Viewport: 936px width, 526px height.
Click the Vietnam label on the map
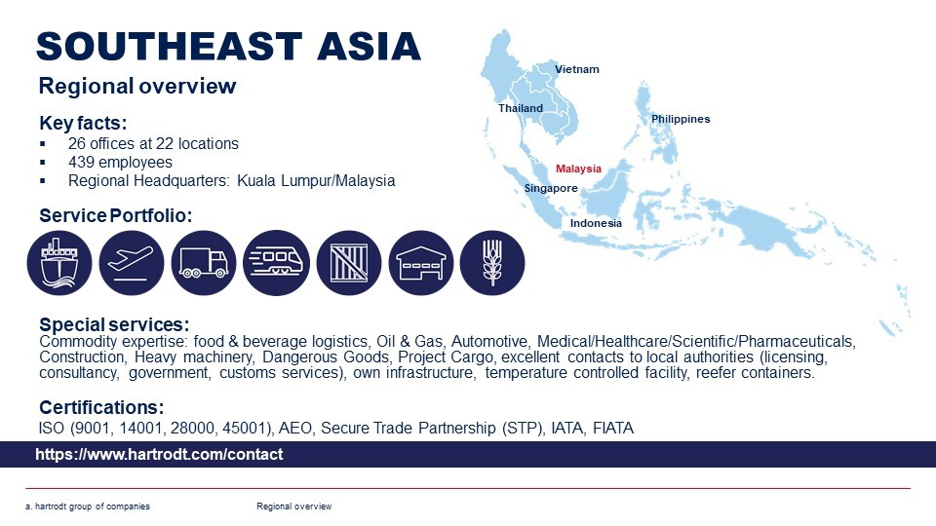(576, 69)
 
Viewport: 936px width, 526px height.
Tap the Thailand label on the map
(521, 108)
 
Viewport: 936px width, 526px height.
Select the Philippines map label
(681, 119)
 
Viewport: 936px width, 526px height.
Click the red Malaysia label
(578, 169)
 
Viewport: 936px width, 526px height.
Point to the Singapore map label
(551, 188)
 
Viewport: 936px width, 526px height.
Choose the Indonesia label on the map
(596, 223)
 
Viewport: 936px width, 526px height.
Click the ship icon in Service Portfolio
(59, 263)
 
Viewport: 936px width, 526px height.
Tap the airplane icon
(132, 263)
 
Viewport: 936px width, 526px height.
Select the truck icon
(204, 263)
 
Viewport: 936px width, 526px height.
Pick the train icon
(276, 263)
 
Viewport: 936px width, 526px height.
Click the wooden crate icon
(349, 263)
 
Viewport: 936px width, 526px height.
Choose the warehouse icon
(421, 263)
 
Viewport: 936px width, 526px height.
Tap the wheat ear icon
(492, 263)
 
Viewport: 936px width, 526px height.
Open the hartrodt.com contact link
(159, 455)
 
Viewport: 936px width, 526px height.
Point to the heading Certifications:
(101, 407)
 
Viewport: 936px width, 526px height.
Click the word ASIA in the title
(369, 47)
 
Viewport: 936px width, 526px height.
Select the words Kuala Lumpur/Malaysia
(316, 181)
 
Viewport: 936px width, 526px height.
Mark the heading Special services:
(114, 324)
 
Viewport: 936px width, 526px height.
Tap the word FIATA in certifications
(613, 429)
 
